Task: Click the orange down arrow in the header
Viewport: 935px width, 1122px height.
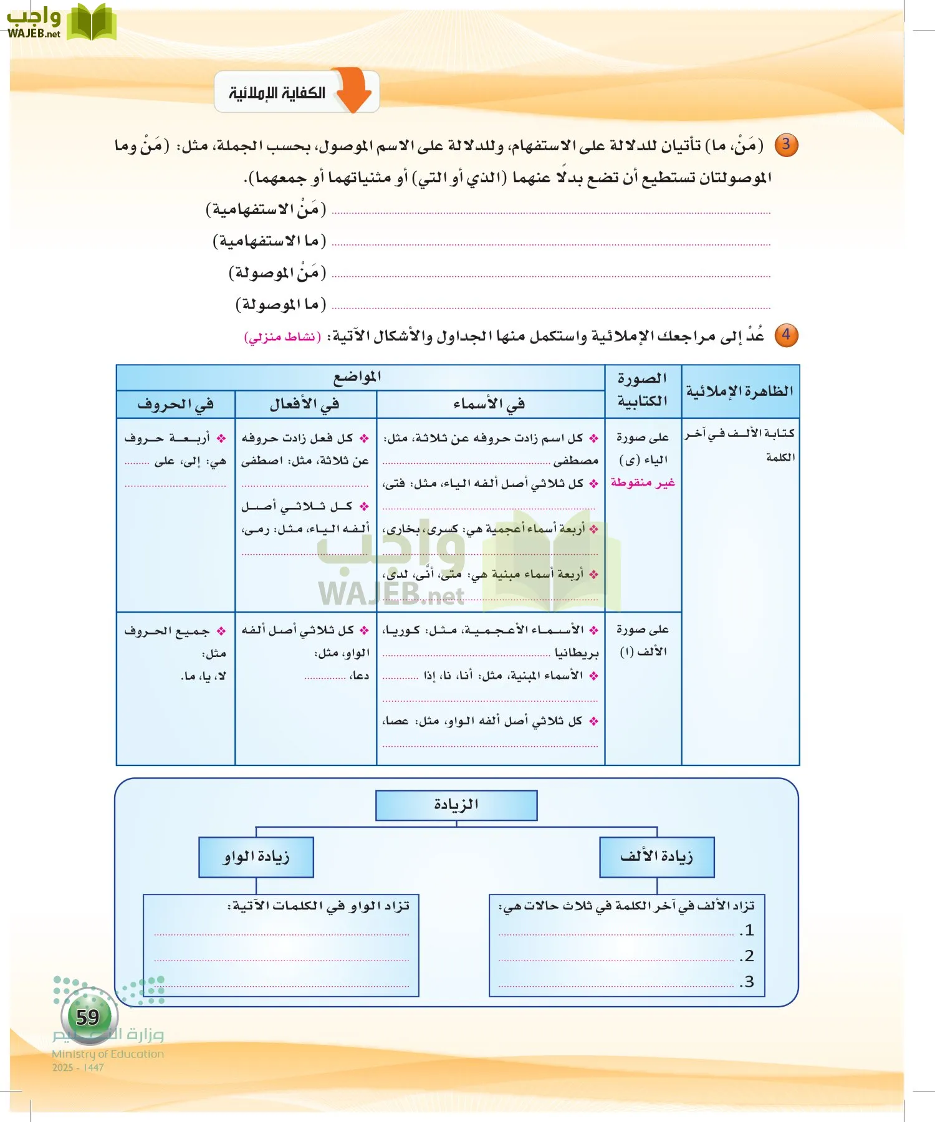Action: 353,91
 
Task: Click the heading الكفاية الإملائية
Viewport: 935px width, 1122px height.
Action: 277,93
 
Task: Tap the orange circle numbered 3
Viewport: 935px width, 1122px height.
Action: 786,145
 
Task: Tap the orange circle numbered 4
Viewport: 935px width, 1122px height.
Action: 786,335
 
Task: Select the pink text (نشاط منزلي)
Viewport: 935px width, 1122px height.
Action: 282,337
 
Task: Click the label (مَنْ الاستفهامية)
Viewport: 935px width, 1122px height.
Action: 266,209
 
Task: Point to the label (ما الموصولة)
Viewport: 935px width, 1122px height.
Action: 280,305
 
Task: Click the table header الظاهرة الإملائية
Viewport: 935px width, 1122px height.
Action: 740,391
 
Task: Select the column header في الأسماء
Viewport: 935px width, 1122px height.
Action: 489,405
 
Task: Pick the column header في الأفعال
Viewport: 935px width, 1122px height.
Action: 305,405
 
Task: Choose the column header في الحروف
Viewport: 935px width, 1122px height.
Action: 175,405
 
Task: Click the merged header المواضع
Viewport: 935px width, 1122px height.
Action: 358,378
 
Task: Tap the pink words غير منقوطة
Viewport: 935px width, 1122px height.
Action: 643,482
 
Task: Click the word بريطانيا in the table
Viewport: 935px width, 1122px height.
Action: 577,653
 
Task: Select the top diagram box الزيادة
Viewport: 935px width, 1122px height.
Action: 456,805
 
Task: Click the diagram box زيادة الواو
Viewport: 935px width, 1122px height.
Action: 256,857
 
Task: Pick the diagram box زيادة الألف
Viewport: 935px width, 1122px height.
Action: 656,857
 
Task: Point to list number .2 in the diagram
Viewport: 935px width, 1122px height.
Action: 747,956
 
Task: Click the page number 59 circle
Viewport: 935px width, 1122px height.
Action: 88,1017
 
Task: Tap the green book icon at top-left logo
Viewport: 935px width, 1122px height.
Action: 91,23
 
